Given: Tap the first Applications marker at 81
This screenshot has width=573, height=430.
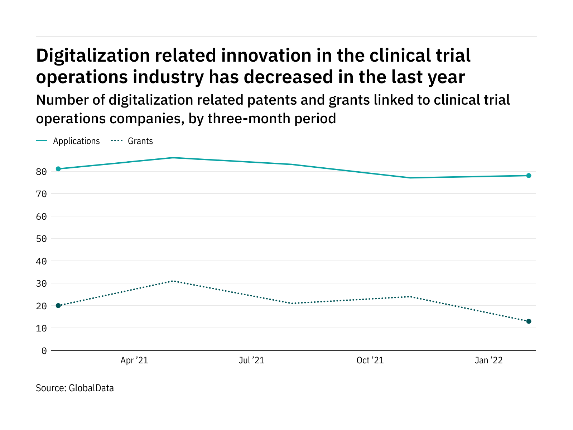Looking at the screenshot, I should point(58,169).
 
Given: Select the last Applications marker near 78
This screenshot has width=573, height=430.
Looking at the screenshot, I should point(529,176).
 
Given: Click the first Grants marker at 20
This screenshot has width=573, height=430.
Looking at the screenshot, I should point(58,306).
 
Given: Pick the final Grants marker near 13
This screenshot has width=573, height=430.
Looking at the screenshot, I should point(529,321).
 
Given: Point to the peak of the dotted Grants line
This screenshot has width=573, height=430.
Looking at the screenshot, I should point(173,281).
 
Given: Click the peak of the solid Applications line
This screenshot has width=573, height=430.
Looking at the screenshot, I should point(173,158).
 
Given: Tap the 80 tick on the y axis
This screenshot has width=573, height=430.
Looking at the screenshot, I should point(42,172).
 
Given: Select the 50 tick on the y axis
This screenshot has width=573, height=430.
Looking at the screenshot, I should point(42,239).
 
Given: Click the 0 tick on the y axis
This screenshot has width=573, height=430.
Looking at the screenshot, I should point(44,351).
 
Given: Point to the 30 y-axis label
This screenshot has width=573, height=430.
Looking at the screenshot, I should point(42,283).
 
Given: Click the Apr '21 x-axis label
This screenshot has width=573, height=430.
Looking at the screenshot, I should point(134,360).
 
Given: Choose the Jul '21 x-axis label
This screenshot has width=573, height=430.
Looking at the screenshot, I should point(251,360).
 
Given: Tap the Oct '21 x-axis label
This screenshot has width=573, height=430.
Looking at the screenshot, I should point(370,360).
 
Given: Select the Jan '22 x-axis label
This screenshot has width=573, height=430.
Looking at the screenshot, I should point(488,360).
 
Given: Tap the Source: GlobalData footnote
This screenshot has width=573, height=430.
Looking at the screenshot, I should point(75,388).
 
